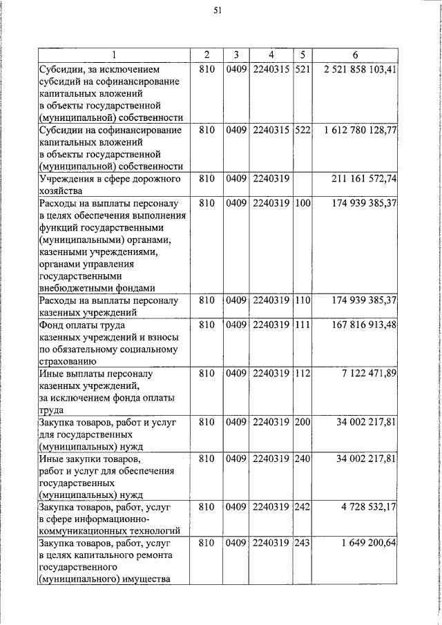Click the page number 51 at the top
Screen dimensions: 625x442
pos(218,10)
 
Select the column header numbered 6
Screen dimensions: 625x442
pos(354,55)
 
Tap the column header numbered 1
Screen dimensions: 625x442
pos(113,55)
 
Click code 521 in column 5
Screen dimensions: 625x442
pos(301,70)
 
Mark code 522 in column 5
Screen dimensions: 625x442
pos(301,130)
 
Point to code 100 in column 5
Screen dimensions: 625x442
pos(301,204)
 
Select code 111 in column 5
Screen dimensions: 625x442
pos(301,325)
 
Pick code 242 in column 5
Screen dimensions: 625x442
pos(301,508)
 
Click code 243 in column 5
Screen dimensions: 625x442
pos(301,544)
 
